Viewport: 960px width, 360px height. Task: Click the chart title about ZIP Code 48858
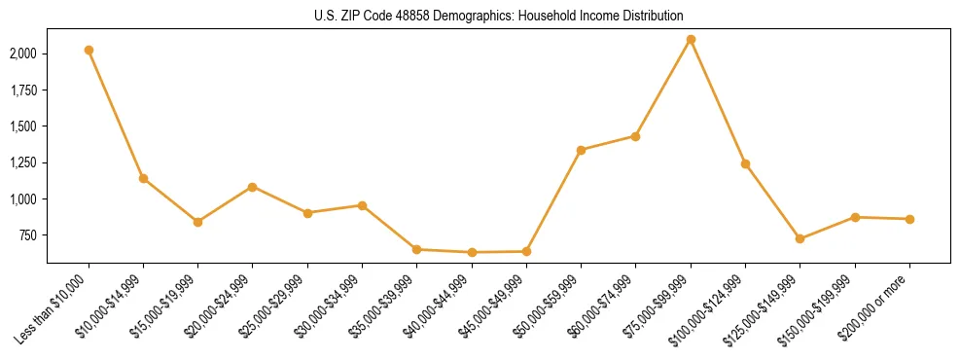[499, 17]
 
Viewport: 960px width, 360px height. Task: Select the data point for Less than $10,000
[89, 50]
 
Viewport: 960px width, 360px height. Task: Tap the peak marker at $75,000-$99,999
[691, 40]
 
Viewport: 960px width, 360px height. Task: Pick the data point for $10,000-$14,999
[143, 178]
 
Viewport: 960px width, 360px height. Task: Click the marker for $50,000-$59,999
[581, 150]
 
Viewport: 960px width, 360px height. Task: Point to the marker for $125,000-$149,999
[800, 238]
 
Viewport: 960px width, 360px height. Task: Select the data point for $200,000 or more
[909, 219]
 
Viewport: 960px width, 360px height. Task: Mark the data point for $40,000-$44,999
[472, 252]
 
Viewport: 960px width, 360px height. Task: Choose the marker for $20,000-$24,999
[253, 187]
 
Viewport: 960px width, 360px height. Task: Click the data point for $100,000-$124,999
[745, 163]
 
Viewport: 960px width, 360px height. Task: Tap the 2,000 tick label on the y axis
[24, 54]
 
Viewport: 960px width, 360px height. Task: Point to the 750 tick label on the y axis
[29, 235]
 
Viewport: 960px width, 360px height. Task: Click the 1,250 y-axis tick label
[24, 162]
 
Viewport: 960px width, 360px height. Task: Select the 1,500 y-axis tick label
[24, 126]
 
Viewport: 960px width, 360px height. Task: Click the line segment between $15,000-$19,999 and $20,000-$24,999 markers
[226, 204]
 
